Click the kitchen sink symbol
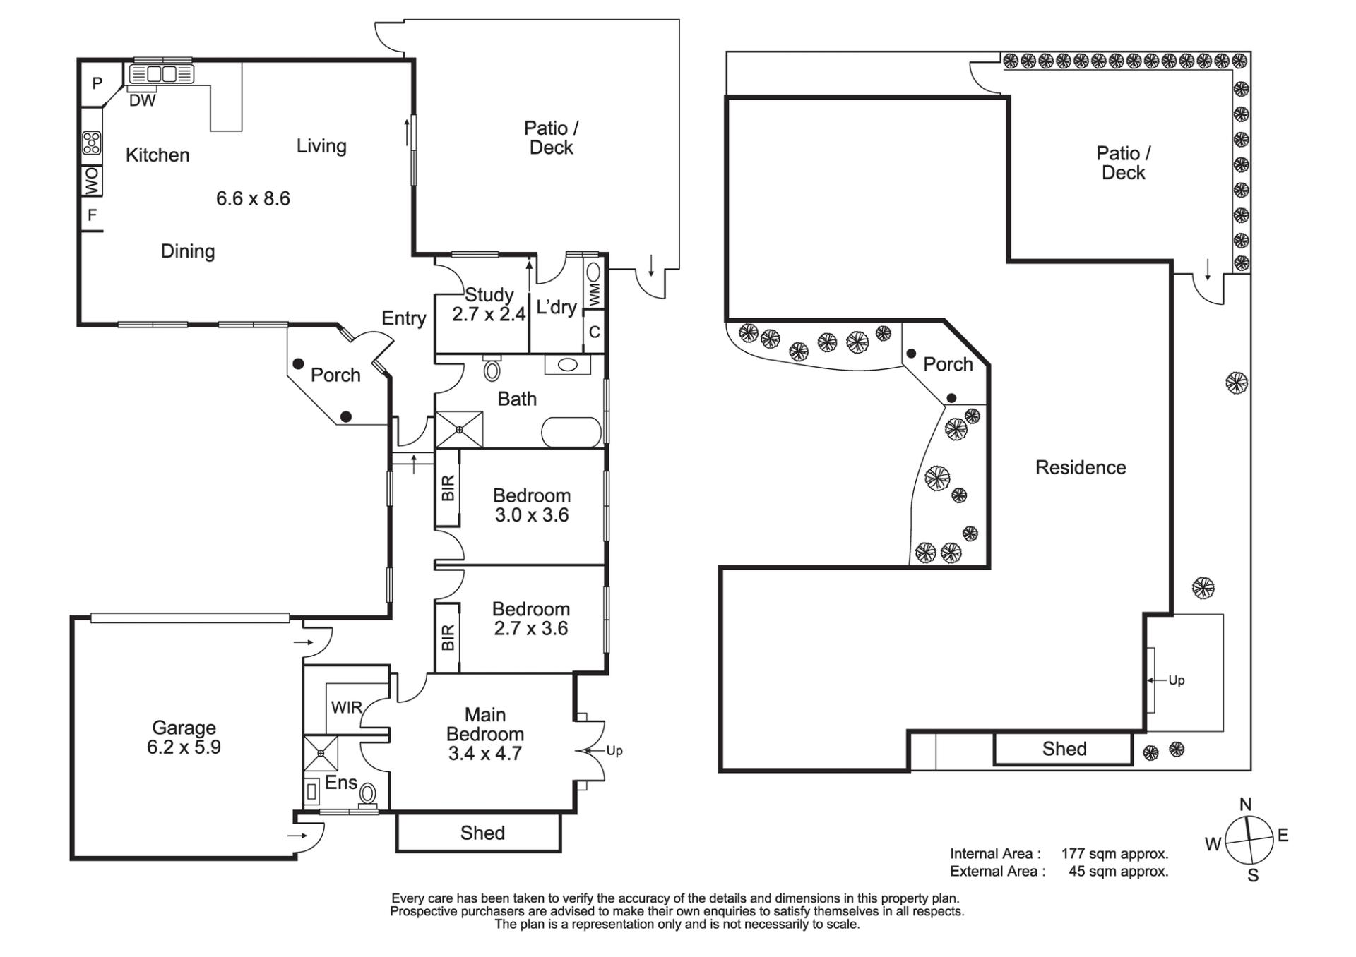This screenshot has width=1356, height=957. [x=161, y=73]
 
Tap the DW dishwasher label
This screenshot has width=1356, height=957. [x=142, y=100]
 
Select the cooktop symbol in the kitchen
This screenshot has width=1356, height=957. [x=92, y=143]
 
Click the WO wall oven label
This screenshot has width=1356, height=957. [x=92, y=181]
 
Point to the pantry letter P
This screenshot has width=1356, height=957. [x=97, y=83]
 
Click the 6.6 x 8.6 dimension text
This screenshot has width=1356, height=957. [x=253, y=198]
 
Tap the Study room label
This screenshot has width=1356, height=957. [x=489, y=294]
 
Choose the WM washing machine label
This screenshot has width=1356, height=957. [x=594, y=294]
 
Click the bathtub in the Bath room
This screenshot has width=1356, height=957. [x=572, y=432]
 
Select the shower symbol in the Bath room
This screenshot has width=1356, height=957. [x=460, y=429]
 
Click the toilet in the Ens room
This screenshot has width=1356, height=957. [x=368, y=795]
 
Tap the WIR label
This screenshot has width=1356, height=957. [x=346, y=707]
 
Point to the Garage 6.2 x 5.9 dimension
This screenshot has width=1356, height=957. [x=184, y=747]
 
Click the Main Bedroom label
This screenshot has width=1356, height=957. [x=485, y=724]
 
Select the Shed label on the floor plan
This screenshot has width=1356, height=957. [x=482, y=833]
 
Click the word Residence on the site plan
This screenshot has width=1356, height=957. [x=1081, y=467]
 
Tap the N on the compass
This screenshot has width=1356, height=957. [x=1245, y=805]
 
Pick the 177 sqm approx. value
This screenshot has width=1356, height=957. [x=1114, y=854]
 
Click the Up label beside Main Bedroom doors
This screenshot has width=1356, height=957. [x=614, y=751]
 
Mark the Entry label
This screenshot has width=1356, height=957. [x=404, y=318]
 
